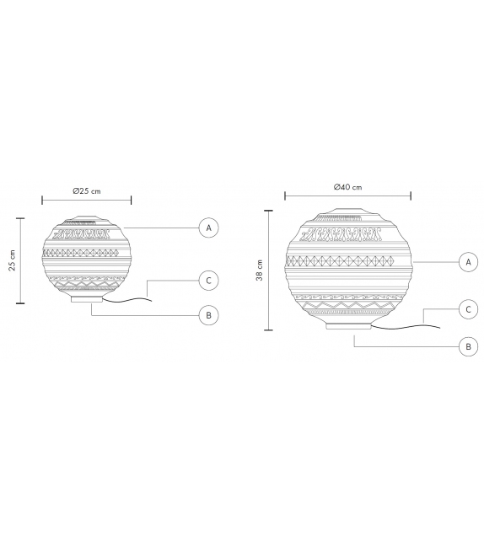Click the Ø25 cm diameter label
pos(86,192)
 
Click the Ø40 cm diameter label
pos(347,186)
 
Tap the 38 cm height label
pos(260,270)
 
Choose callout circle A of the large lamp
pos(466,262)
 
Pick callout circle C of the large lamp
pos(466,309)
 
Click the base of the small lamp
pos(86,298)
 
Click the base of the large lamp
pos(347,326)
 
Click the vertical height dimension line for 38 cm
pos(268,270)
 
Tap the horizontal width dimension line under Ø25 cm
pos(86,201)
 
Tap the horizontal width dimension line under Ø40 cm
pos(347,196)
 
